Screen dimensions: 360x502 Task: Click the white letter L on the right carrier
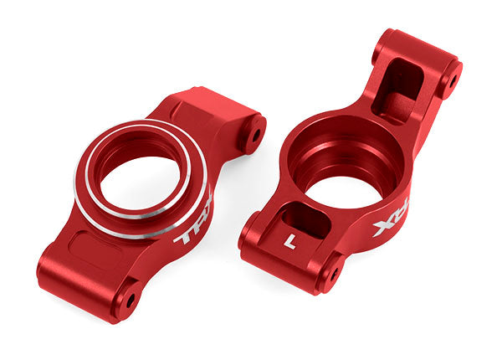[290, 239]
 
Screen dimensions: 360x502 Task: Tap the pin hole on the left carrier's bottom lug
[128, 295]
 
